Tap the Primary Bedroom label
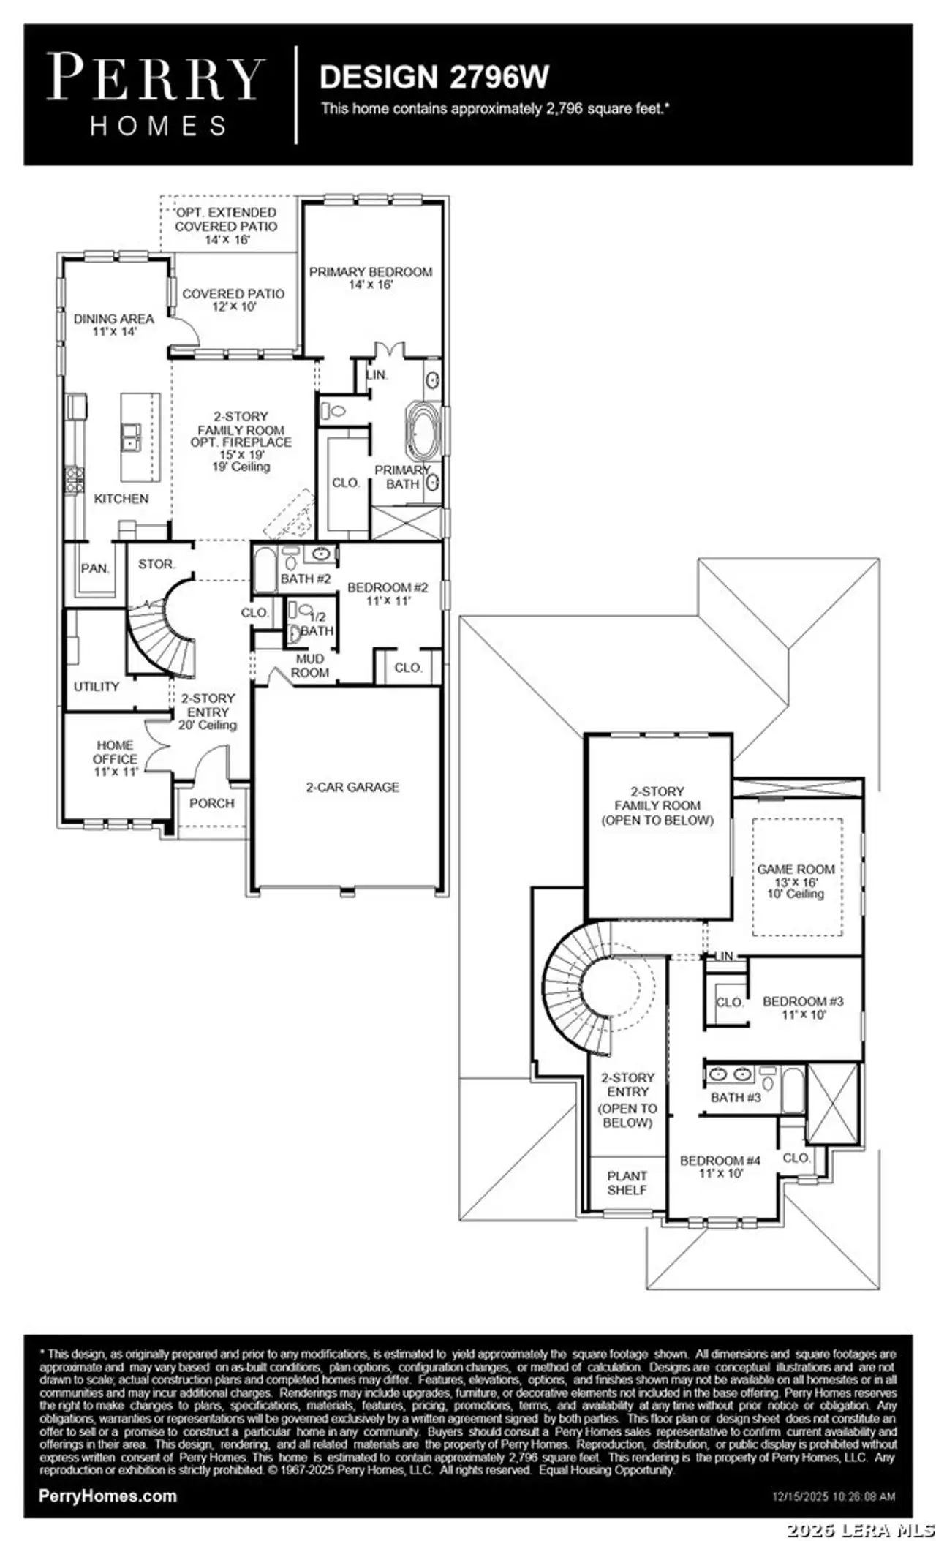[x=371, y=278]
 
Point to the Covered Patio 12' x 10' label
[x=233, y=300]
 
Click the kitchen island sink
[x=132, y=437]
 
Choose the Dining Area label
[x=113, y=325]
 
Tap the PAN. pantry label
[x=94, y=568]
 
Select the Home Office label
[x=115, y=758]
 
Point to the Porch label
[x=211, y=803]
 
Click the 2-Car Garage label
[x=352, y=787]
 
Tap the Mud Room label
[x=310, y=666]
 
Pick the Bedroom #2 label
[x=388, y=593]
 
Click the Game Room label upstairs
[x=796, y=881]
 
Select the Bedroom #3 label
[x=803, y=1007]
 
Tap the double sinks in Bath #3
[x=731, y=1074]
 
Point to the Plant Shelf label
[x=627, y=1183]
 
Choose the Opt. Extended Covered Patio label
[x=226, y=225]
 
